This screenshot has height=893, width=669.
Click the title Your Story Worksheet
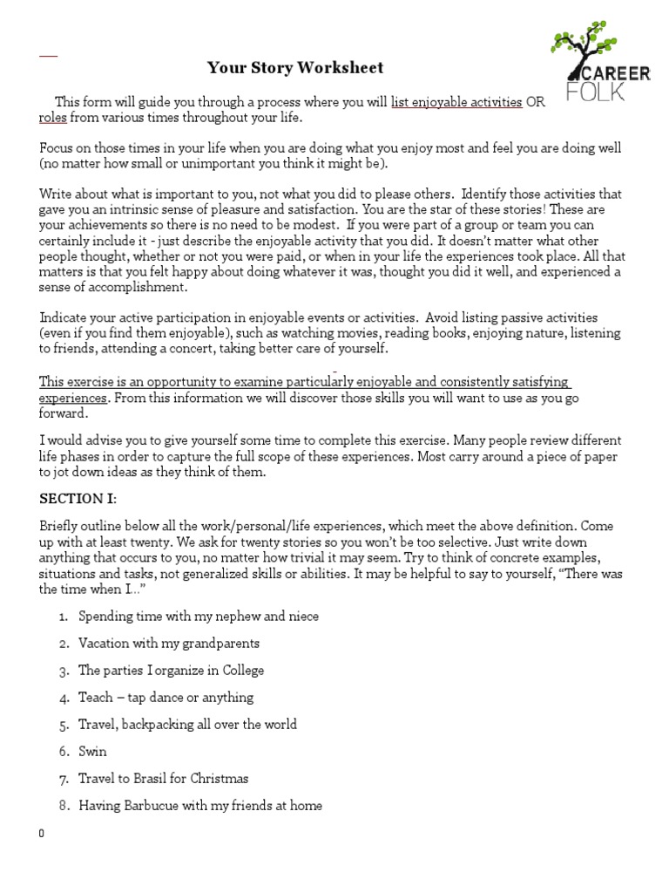pyautogui.click(x=294, y=68)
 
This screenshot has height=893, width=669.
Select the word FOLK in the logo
pyautogui.click(x=596, y=92)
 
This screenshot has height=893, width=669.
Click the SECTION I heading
pyautogui.click(x=78, y=499)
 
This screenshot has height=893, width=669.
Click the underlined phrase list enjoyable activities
pyautogui.click(x=456, y=102)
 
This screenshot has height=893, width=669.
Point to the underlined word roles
pyautogui.click(x=53, y=118)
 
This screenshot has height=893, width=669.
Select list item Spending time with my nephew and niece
pyautogui.click(x=199, y=617)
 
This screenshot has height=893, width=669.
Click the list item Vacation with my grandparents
pyautogui.click(x=169, y=644)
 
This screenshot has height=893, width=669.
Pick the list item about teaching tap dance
pyautogui.click(x=166, y=698)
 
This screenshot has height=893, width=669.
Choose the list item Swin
pyautogui.click(x=93, y=752)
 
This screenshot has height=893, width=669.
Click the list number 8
pyautogui.click(x=64, y=806)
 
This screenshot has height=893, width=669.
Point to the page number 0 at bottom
pyautogui.click(x=42, y=834)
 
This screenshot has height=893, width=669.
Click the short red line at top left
pyautogui.click(x=48, y=56)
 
